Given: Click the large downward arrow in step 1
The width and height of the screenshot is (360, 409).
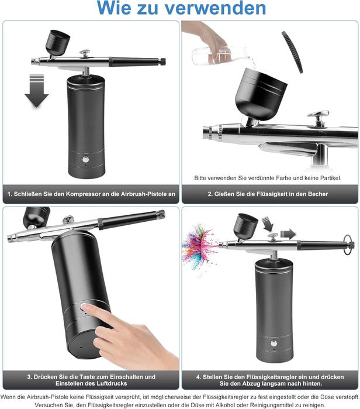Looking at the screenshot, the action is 36,91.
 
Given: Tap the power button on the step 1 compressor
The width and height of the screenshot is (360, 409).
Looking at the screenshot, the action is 85,159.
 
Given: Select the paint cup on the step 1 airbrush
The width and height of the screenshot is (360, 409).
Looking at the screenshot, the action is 58,43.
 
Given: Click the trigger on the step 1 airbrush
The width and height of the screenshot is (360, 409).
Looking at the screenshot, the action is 85,54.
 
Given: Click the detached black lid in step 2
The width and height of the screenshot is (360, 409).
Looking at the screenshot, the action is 293,52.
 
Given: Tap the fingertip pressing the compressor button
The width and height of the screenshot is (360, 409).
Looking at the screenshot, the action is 84,307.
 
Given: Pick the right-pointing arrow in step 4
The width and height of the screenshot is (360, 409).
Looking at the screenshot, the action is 288,235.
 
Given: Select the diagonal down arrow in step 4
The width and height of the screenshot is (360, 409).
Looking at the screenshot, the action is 268,224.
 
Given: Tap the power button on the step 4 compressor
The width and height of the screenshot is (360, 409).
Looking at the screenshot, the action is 274,343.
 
